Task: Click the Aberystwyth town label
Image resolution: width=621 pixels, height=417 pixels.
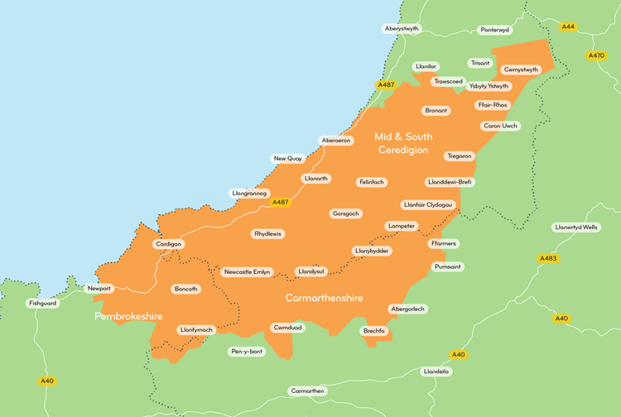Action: (x=403, y=29)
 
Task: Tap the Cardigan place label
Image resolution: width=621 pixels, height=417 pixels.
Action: (x=168, y=244)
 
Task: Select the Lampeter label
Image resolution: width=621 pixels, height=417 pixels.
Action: (x=401, y=226)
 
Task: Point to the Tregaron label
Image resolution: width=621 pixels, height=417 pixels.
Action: (x=460, y=156)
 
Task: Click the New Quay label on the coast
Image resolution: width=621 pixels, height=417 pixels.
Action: (x=288, y=158)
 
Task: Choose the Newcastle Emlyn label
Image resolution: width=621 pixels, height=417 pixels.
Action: (x=248, y=271)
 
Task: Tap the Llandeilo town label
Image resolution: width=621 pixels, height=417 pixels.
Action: (x=436, y=371)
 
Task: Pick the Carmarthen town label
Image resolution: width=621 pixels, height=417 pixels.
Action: (x=308, y=391)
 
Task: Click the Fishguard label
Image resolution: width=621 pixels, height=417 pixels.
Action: (x=43, y=304)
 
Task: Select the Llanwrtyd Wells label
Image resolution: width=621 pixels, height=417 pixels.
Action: (x=575, y=228)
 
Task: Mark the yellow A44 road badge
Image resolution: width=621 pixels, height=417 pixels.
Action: (x=568, y=27)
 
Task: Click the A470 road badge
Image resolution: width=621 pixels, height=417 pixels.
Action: (x=596, y=55)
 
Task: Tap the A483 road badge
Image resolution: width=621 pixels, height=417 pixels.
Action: (x=548, y=259)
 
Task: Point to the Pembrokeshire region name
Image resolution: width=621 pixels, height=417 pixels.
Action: (x=128, y=317)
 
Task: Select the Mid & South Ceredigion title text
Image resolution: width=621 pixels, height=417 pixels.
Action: (x=403, y=143)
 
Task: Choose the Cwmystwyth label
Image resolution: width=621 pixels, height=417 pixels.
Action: (x=521, y=69)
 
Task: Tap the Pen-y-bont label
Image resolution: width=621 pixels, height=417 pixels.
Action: (x=247, y=352)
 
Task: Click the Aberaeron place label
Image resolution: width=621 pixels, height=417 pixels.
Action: (x=336, y=141)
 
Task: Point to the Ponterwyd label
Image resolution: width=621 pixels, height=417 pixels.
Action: (x=495, y=30)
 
